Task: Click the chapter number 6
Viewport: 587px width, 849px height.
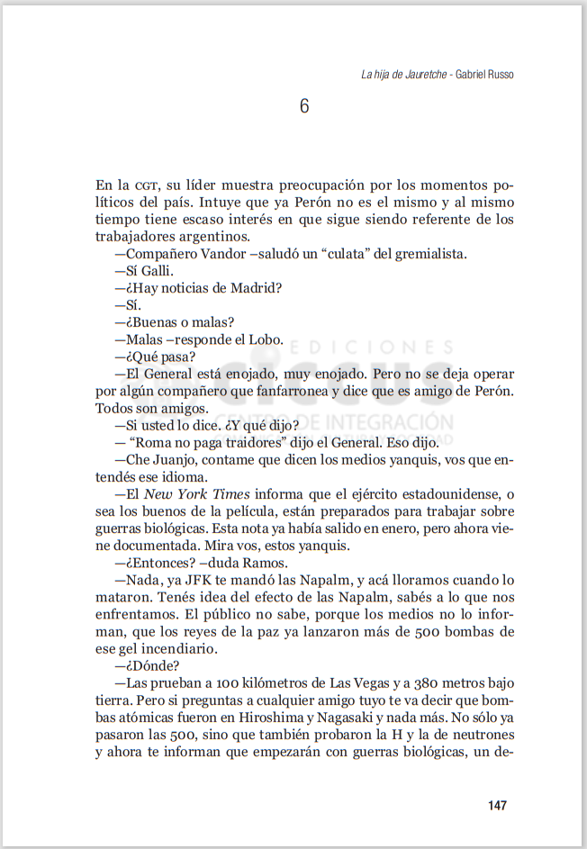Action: [x=304, y=106]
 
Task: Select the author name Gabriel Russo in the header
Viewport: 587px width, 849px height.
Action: [x=485, y=74]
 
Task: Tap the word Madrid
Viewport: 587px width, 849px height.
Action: [x=255, y=288]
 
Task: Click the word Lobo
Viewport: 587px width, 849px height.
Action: [x=266, y=339]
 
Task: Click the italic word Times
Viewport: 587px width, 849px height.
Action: [x=232, y=494]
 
